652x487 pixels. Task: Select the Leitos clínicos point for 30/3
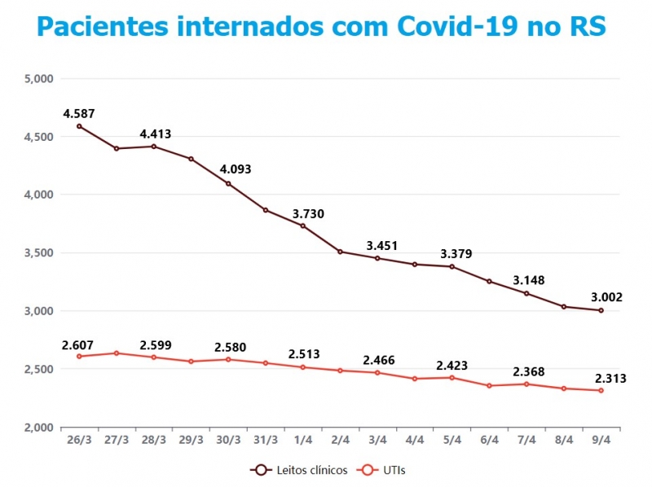[228, 183]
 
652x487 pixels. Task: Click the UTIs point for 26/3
[79, 356]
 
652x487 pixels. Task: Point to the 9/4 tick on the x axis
[601, 440]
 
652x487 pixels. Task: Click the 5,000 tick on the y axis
[39, 79]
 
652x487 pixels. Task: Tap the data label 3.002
[606, 297]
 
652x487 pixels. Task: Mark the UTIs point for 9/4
[601, 390]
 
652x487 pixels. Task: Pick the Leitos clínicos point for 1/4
[303, 226]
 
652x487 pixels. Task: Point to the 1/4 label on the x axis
[303, 440]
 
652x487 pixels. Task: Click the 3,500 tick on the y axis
[39, 253]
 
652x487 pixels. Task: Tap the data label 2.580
[231, 347]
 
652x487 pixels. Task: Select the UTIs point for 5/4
[452, 377]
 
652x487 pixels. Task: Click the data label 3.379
[456, 252]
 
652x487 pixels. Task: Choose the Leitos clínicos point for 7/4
[526, 293]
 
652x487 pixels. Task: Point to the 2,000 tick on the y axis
[39, 428]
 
